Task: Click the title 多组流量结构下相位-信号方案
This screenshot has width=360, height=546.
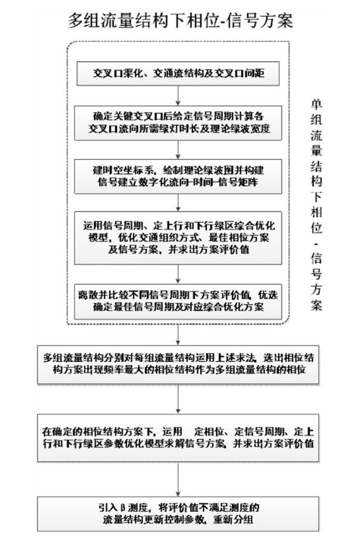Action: tap(180, 20)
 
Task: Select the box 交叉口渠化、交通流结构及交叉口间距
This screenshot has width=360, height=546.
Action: tap(178, 73)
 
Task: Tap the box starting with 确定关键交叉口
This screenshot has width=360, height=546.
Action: tap(178, 123)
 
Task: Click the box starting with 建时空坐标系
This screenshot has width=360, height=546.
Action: tap(178, 176)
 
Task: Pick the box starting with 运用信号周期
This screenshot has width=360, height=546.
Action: tap(178, 238)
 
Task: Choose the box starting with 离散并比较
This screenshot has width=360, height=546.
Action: tap(178, 301)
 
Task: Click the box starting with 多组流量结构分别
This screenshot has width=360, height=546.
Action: tap(178, 364)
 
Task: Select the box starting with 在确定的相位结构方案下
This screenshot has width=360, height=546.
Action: tap(178, 438)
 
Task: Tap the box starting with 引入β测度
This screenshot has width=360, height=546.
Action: tap(178, 514)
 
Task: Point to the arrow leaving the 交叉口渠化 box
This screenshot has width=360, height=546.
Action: tap(178, 95)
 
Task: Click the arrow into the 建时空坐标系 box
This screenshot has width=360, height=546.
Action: tap(178, 150)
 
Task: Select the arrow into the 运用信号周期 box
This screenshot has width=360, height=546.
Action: tap(178, 203)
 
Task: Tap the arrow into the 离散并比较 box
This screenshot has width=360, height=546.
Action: tap(178, 274)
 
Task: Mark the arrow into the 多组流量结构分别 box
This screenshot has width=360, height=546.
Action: tap(178, 335)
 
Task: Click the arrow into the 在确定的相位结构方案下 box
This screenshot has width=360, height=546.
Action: tap(178, 399)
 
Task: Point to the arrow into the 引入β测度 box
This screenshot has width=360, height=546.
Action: tap(178, 479)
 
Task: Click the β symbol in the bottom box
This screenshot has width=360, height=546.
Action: tap(123, 507)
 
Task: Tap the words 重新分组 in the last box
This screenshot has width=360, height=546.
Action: tap(233, 519)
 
